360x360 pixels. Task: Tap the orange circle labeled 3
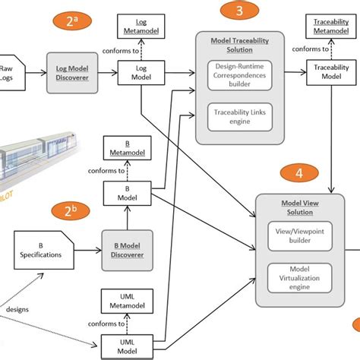click(x=240, y=11)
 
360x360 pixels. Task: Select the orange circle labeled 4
click(x=298, y=174)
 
